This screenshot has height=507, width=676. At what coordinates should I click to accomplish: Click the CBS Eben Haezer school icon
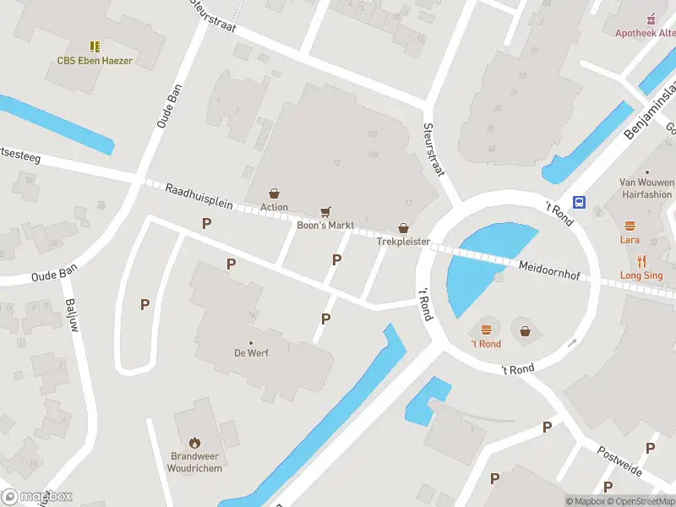click(95, 46)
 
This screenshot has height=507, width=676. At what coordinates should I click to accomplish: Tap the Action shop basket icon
click(274, 194)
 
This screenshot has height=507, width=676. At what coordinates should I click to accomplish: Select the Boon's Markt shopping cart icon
click(325, 211)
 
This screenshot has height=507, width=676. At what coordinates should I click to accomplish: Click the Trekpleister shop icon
click(404, 228)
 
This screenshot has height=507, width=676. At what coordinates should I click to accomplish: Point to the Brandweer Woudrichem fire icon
click(194, 442)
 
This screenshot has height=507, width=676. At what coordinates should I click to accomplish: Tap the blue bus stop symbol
click(581, 202)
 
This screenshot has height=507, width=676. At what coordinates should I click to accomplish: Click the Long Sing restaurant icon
click(641, 261)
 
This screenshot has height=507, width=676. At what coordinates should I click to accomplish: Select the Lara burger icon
click(630, 226)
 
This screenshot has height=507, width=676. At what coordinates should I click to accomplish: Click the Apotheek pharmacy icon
click(650, 19)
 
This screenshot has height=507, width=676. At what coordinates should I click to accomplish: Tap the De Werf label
click(252, 353)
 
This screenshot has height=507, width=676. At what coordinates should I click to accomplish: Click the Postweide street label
click(619, 462)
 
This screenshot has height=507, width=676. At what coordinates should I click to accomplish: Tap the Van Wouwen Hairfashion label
click(646, 188)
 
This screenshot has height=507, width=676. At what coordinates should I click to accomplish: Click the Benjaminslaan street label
click(651, 110)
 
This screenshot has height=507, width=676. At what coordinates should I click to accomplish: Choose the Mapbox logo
click(37, 497)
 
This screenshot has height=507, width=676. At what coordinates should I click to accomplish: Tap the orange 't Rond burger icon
click(486, 330)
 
